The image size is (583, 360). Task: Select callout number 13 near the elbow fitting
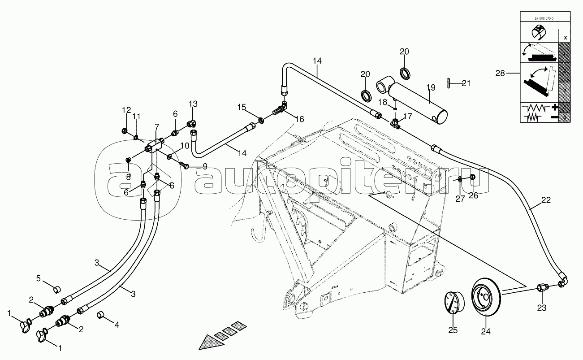(193, 104)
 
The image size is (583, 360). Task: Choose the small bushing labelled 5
(57, 288)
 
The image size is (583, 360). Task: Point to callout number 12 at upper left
(126, 110)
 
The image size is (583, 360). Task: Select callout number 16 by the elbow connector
(299, 119)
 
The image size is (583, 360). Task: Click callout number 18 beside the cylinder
(382, 103)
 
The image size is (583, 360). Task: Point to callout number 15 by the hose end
(242, 107)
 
